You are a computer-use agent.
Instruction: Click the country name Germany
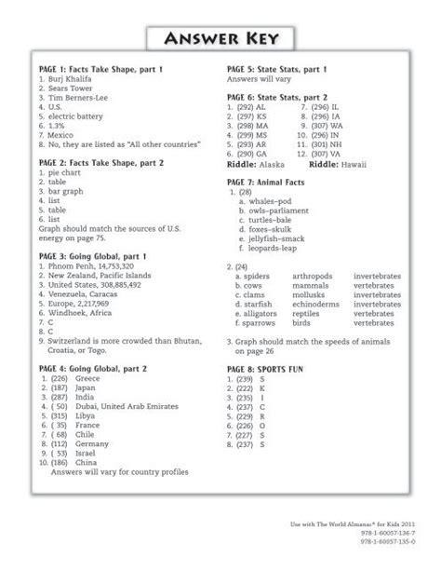point(90,446)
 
